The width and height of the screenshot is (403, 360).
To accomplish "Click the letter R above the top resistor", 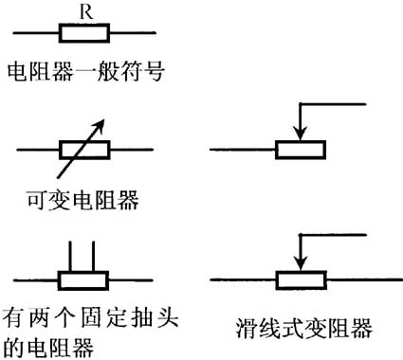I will point(86,12).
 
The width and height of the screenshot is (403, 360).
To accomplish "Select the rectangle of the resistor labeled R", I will point(86,35).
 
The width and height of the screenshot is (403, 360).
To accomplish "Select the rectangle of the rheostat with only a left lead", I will point(301,149).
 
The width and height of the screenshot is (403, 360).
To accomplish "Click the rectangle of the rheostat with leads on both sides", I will point(301,281).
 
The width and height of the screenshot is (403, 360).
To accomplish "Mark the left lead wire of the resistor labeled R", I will point(36,35).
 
